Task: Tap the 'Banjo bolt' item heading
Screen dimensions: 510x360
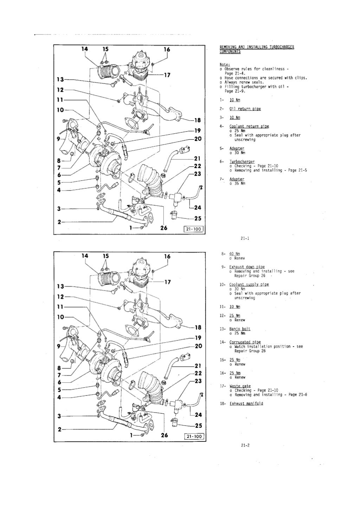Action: [240, 329]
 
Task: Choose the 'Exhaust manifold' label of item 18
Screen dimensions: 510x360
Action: [246, 403]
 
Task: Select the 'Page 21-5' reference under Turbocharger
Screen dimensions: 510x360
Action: [297, 170]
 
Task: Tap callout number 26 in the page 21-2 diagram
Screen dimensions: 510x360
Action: [163, 435]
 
